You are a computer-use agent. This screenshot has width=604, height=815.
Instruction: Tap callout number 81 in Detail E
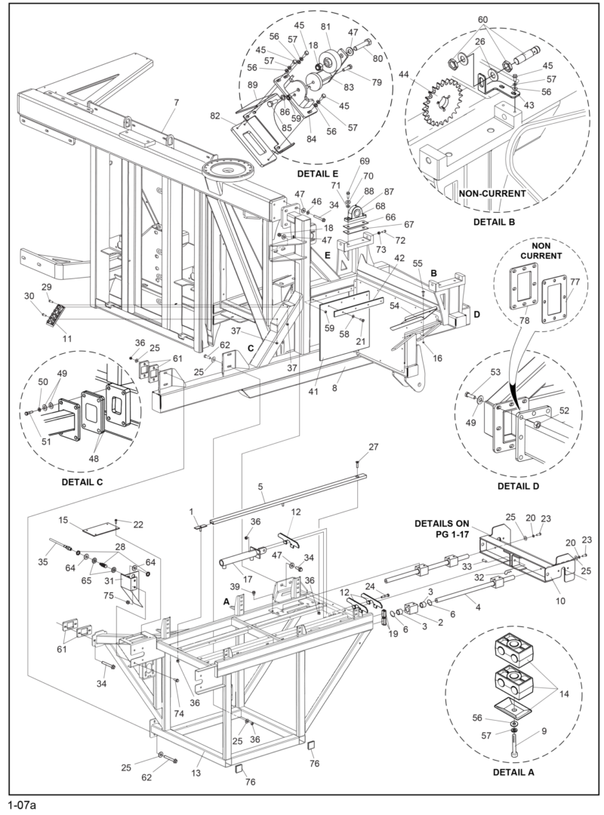click(x=326, y=27)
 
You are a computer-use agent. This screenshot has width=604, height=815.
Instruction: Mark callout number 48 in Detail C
click(x=94, y=458)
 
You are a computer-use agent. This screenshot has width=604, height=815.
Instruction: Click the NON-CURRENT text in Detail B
click(x=491, y=194)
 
